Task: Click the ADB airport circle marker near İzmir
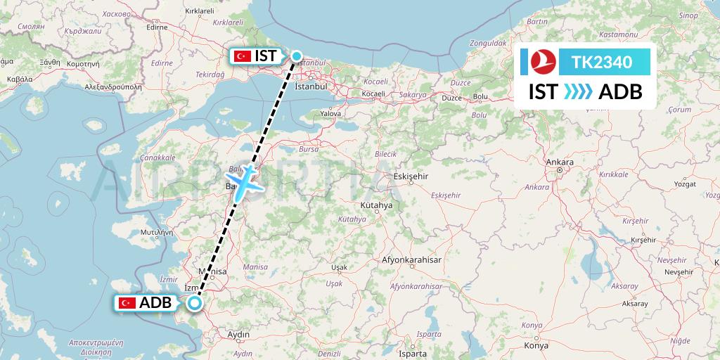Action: pyautogui.click(x=195, y=303)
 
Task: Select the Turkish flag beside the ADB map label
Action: pyautogui.click(x=127, y=303)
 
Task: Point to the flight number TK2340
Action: pyautogui.click(x=601, y=63)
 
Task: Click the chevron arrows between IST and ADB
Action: pyautogui.click(x=579, y=92)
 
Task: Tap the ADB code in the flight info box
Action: pyautogui.click(x=619, y=92)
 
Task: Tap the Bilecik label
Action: pyautogui.click(x=386, y=154)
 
